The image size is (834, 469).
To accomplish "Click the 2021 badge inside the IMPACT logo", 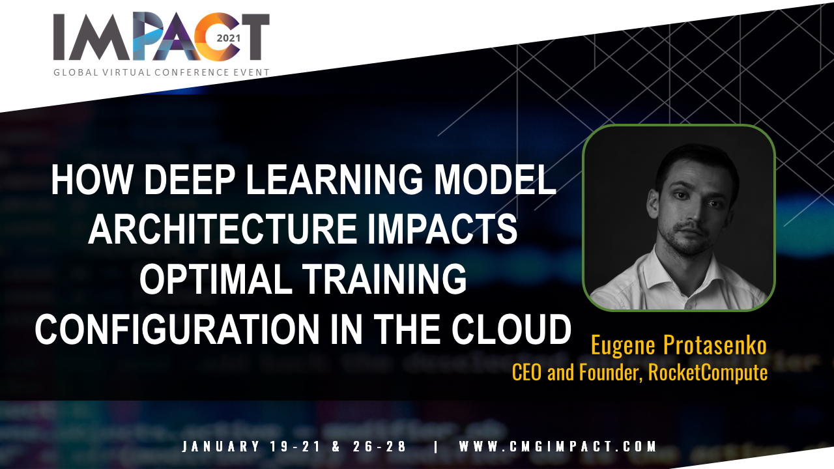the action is (229, 38).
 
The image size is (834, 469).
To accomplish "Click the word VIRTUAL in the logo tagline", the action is (125, 72).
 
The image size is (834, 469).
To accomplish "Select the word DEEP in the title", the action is (189, 179).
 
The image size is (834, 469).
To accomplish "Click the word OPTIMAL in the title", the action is (216, 279).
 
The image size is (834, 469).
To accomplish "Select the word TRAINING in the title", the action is (384, 279).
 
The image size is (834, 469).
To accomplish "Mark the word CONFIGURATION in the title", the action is (177, 329).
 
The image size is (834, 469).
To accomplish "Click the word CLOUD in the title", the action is (511, 329).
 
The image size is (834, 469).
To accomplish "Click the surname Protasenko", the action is (715, 345).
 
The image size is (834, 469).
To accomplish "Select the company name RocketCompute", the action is (708, 372).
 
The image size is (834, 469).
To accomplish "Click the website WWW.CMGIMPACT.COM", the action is (557, 446).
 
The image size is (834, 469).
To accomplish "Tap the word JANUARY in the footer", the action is (221, 446).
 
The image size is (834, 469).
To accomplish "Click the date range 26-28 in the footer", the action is (379, 446).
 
